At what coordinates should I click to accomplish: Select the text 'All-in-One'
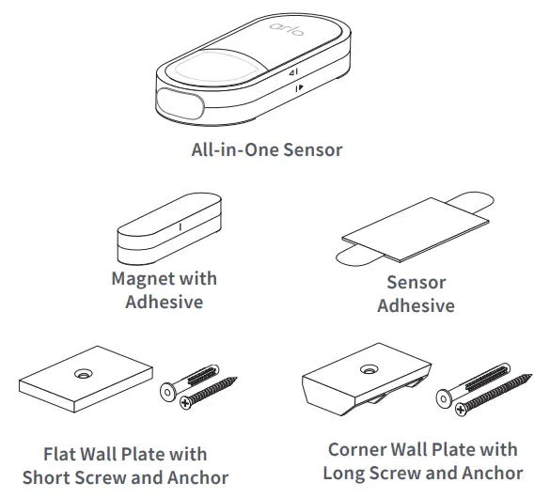point(230,148)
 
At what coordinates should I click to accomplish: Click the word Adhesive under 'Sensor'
point(416,305)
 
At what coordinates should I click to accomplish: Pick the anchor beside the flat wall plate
point(198,376)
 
